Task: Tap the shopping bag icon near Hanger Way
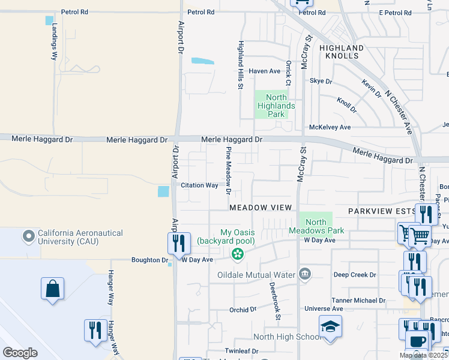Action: (52, 288)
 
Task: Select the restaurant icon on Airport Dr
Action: (179, 243)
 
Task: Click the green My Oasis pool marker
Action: (238, 254)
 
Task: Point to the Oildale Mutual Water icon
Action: (305, 275)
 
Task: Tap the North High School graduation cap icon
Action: (330, 326)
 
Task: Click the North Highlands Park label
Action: (276, 106)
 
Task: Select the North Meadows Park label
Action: (316, 226)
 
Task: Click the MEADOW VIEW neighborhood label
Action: (261, 207)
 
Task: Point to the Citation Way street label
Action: (199, 185)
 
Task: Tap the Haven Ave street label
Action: (265, 71)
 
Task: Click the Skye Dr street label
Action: (321, 81)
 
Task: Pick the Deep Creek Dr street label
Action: (354, 275)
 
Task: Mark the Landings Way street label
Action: (54, 41)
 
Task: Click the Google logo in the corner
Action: (20, 352)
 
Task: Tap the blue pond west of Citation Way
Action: (163, 191)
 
